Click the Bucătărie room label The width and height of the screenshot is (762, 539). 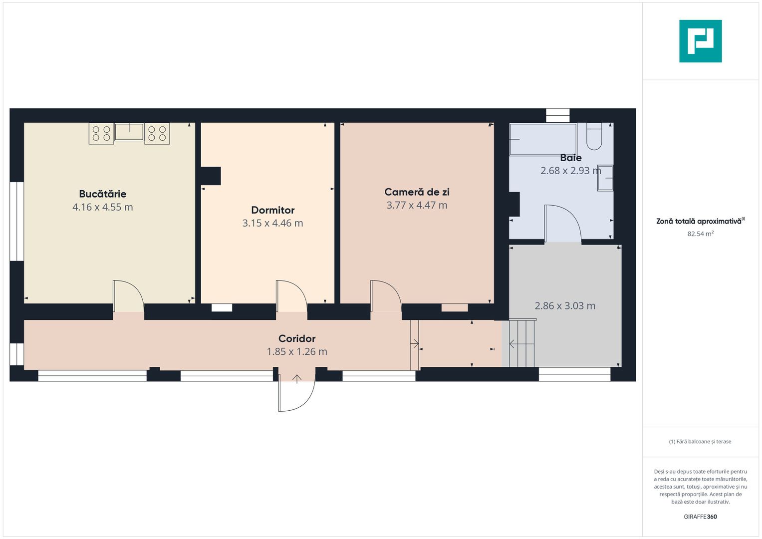103,194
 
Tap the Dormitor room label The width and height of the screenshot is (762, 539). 272,210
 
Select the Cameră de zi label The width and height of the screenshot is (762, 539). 417,192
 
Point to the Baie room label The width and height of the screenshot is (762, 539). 571,158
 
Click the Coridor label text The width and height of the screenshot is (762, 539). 297,338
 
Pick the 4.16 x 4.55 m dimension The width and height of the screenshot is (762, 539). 103,207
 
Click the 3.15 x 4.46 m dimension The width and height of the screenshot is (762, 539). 272,223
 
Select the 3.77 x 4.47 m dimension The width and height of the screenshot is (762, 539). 417,205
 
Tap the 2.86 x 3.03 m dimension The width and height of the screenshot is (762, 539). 565,305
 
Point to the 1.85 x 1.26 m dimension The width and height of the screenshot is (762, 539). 297,351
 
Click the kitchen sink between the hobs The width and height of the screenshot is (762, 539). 129,132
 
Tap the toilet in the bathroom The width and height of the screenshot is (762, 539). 594,136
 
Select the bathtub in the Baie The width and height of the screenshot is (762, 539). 543,139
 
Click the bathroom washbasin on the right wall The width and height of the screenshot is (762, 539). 605,178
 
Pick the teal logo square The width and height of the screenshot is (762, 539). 701,41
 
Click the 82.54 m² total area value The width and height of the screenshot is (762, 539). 701,234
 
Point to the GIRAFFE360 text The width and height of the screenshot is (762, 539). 701,517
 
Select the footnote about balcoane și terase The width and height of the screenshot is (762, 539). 700,441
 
